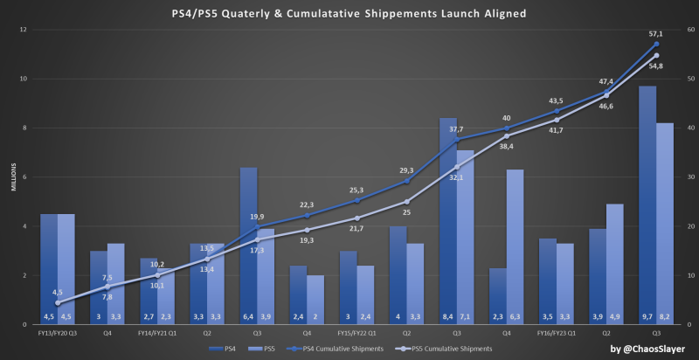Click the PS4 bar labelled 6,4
[x=248, y=246]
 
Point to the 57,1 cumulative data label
[x=655, y=33]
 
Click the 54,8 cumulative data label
[x=657, y=66]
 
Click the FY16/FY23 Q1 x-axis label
[x=557, y=333]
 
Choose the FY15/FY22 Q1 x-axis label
[x=356, y=333]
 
